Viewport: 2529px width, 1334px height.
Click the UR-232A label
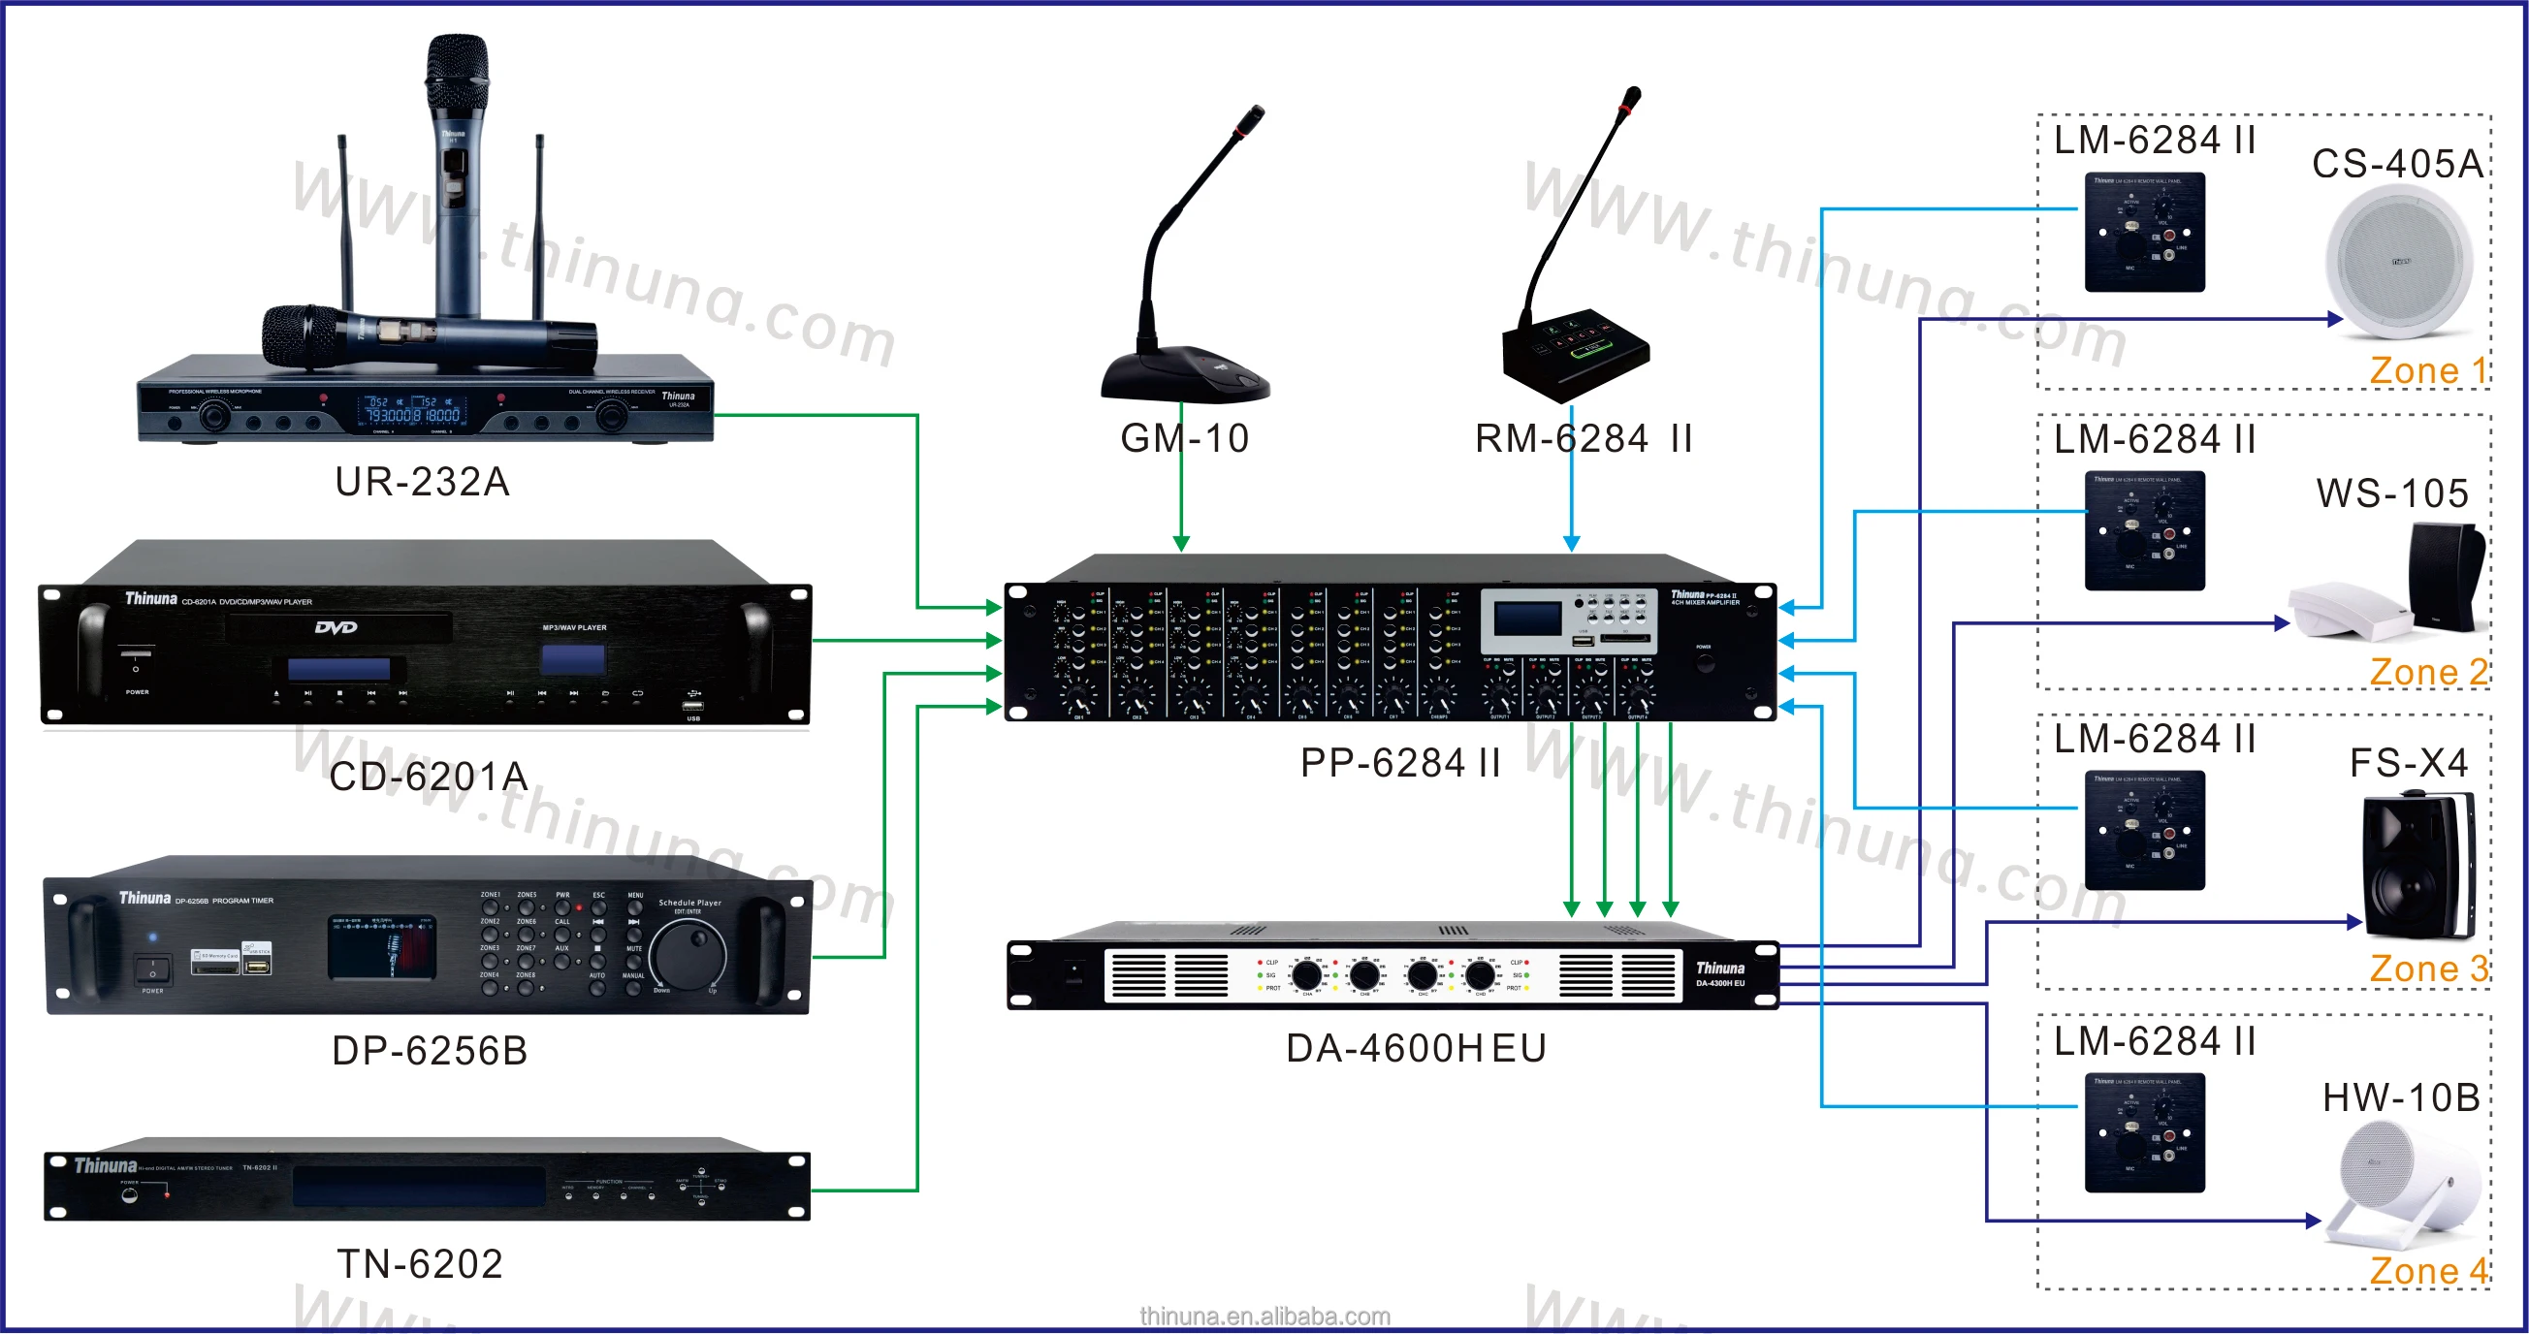tap(422, 482)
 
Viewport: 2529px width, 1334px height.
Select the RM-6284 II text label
tap(1584, 439)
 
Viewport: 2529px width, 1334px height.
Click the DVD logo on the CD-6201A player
tap(336, 627)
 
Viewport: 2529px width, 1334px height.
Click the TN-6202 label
tap(420, 1264)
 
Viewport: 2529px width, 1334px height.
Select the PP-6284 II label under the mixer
tap(1401, 763)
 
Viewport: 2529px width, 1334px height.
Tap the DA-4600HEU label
tap(1417, 1048)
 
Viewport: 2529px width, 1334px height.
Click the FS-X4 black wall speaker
tap(2418, 866)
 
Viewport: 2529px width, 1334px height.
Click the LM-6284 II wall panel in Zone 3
tap(2145, 831)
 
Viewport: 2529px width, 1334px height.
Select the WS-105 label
tap(2392, 493)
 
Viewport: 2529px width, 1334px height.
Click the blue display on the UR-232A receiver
tap(413, 409)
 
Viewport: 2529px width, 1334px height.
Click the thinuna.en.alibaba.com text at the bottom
tap(1264, 1317)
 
